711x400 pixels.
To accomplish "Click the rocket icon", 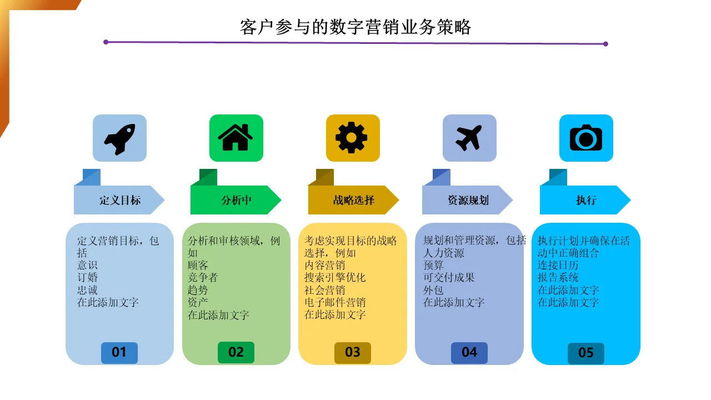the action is (x=119, y=139).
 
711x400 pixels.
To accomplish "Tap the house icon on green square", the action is (x=236, y=137).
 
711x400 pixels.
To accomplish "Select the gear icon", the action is (x=352, y=137).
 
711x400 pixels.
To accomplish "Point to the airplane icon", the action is (x=469, y=138).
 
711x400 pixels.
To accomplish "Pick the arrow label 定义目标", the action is (x=119, y=199).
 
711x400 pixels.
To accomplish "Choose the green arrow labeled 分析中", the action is (x=236, y=199).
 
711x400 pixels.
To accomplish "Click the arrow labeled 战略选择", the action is (x=353, y=199).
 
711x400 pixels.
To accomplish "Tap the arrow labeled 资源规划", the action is (x=467, y=199).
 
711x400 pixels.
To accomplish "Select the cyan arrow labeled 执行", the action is (x=585, y=199).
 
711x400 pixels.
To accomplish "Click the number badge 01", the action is (x=119, y=353).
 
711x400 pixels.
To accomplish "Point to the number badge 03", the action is (x=353, y=353).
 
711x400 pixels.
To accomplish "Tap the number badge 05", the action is (x=586, y=353).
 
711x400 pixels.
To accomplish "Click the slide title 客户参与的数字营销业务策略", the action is (x=355, y=27).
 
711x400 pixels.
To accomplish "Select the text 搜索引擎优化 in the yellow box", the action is (x=335, y=277).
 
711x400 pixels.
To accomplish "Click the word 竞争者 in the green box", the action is (x=203, y=277).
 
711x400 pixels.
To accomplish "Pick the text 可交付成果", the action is (x=448, y=277).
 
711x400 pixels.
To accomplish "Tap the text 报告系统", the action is (x=558, y=277).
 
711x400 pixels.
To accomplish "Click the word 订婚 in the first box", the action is (x=87, y=277).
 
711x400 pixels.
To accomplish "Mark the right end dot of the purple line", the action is (x=605, y=44).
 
